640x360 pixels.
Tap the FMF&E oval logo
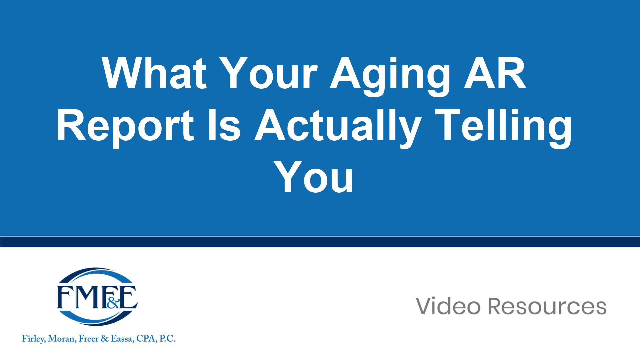(97, 297)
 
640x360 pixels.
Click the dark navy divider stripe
(320, 242)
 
